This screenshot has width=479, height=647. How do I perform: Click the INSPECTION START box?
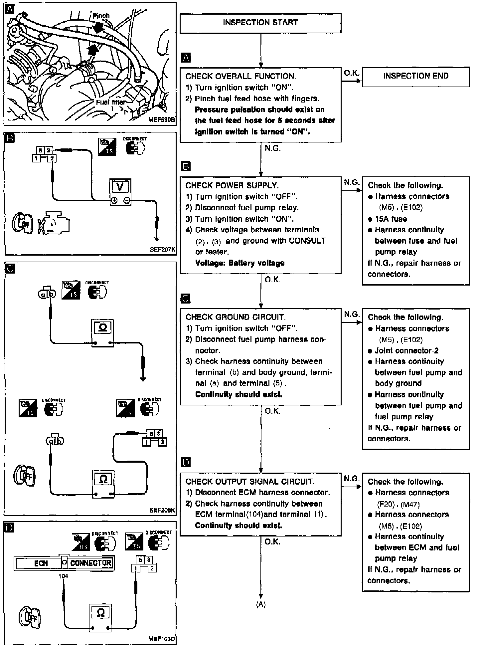260,23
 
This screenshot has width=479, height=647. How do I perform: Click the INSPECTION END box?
415,76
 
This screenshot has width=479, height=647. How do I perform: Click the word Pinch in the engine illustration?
101,16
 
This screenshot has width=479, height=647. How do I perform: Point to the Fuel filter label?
110,102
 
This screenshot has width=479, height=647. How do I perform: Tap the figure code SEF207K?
163,249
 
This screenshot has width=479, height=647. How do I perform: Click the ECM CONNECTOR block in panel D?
64,563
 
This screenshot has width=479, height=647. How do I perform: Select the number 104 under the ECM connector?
63,576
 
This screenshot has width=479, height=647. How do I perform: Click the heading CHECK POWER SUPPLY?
232,185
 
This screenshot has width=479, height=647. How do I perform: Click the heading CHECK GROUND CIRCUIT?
235,317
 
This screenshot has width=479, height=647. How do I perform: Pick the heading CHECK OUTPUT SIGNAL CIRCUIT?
250,482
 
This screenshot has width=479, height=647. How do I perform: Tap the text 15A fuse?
391,219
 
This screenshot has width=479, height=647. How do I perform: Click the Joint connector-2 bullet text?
406,350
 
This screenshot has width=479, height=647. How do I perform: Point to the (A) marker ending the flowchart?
261,604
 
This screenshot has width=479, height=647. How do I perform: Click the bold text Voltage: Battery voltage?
240,263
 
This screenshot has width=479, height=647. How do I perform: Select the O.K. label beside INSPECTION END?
351,73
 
